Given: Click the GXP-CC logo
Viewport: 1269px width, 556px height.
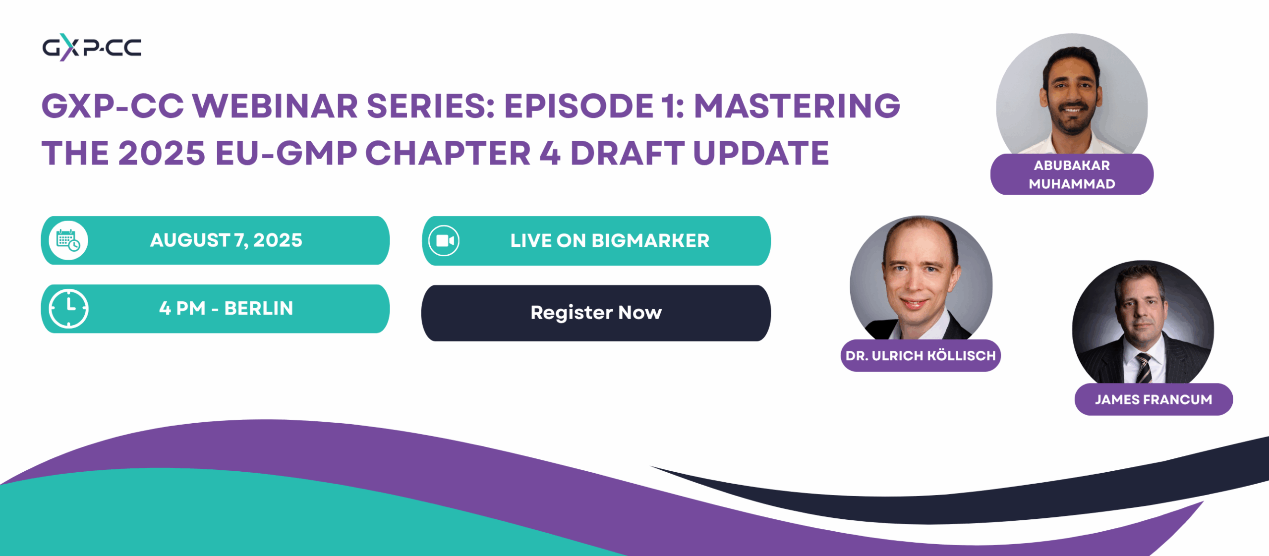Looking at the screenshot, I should click(92, 48).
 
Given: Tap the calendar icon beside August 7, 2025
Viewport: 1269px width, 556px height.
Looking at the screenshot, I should click(68, 240).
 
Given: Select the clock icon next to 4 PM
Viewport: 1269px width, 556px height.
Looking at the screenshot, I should click(68, 308).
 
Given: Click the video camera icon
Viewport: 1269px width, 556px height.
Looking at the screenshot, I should click(444, 241).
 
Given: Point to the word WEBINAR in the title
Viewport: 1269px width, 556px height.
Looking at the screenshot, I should click(275, 106).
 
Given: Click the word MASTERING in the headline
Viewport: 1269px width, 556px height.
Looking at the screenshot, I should click(797, 106).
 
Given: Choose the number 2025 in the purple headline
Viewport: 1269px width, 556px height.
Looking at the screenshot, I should click(162, 153).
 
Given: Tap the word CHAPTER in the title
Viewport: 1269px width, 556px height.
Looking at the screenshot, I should click(448, 153).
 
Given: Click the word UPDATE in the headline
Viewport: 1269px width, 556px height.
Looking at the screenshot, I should click(761, 153).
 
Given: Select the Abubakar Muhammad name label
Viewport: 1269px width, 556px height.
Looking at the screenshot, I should click(1072, 174).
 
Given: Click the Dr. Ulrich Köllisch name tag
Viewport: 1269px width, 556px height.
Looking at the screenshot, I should click(921, 355).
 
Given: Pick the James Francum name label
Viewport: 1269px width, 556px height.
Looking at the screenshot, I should click(1154, 399).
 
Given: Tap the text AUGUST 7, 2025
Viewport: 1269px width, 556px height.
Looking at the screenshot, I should click(226, 240).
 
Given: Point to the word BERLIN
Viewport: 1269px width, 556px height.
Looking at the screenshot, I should click(259, 308).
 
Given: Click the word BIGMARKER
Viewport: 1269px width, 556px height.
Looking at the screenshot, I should click(650, 241).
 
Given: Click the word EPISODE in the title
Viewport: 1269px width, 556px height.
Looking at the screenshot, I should click(578, 106).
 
